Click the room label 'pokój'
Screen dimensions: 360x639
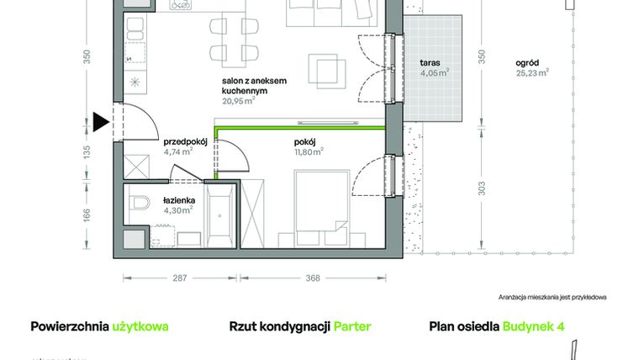pyautogui.click(x=304, y=142)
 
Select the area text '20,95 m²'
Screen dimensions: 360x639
pyautogui.click(x=239, y=100)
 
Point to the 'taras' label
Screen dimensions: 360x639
pyautogui.click(x=432, y=63)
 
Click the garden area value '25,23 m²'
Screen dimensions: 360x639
pyautogui.click(x=532, y=72)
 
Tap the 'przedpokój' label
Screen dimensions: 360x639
pyautogui.click(x=185, y=142)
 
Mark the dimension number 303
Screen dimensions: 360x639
pyautogui.click(x=482, y=190)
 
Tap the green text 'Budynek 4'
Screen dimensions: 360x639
pyautogui.click(x=533, y=326)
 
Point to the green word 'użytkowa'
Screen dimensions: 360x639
pyautogui.click(x=140, y=326)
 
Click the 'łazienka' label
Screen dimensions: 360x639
pyautogui.click(x=178, y=199)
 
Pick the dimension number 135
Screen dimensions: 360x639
pyautogui.click(x=86, y=152)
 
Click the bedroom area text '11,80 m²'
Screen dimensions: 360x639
pyautogui.click(x=309, y=152)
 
